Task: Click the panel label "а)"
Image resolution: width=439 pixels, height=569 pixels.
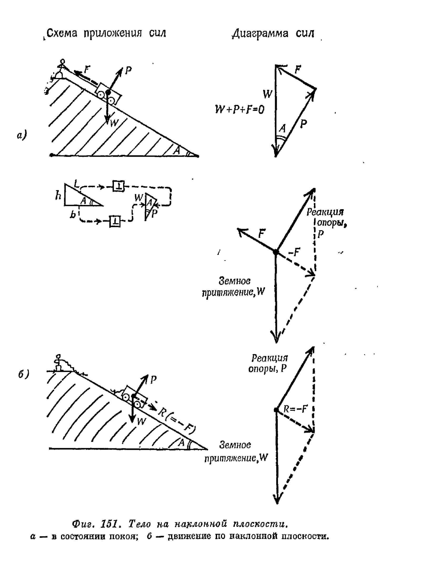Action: (22, 135)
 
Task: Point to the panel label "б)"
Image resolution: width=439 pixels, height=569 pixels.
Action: (24, 374)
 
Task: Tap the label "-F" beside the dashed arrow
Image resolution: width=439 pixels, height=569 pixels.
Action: (294, 252)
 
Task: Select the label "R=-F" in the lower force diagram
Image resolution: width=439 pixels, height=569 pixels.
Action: (295, 409)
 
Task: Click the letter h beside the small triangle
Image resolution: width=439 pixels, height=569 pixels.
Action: (58, 195)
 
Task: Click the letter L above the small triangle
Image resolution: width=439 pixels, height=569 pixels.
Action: (76, 183)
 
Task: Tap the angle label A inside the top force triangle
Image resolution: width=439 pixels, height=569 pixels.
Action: (282, 129)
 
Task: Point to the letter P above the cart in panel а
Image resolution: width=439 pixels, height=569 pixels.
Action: (128, 70)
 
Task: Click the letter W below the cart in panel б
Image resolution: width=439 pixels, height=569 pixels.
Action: (141, 421)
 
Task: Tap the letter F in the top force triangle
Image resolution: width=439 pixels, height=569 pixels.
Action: (297, 70)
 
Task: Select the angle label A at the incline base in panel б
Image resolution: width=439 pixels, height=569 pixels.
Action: (181, 442)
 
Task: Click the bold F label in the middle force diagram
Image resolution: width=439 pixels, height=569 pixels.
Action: (262, 233)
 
